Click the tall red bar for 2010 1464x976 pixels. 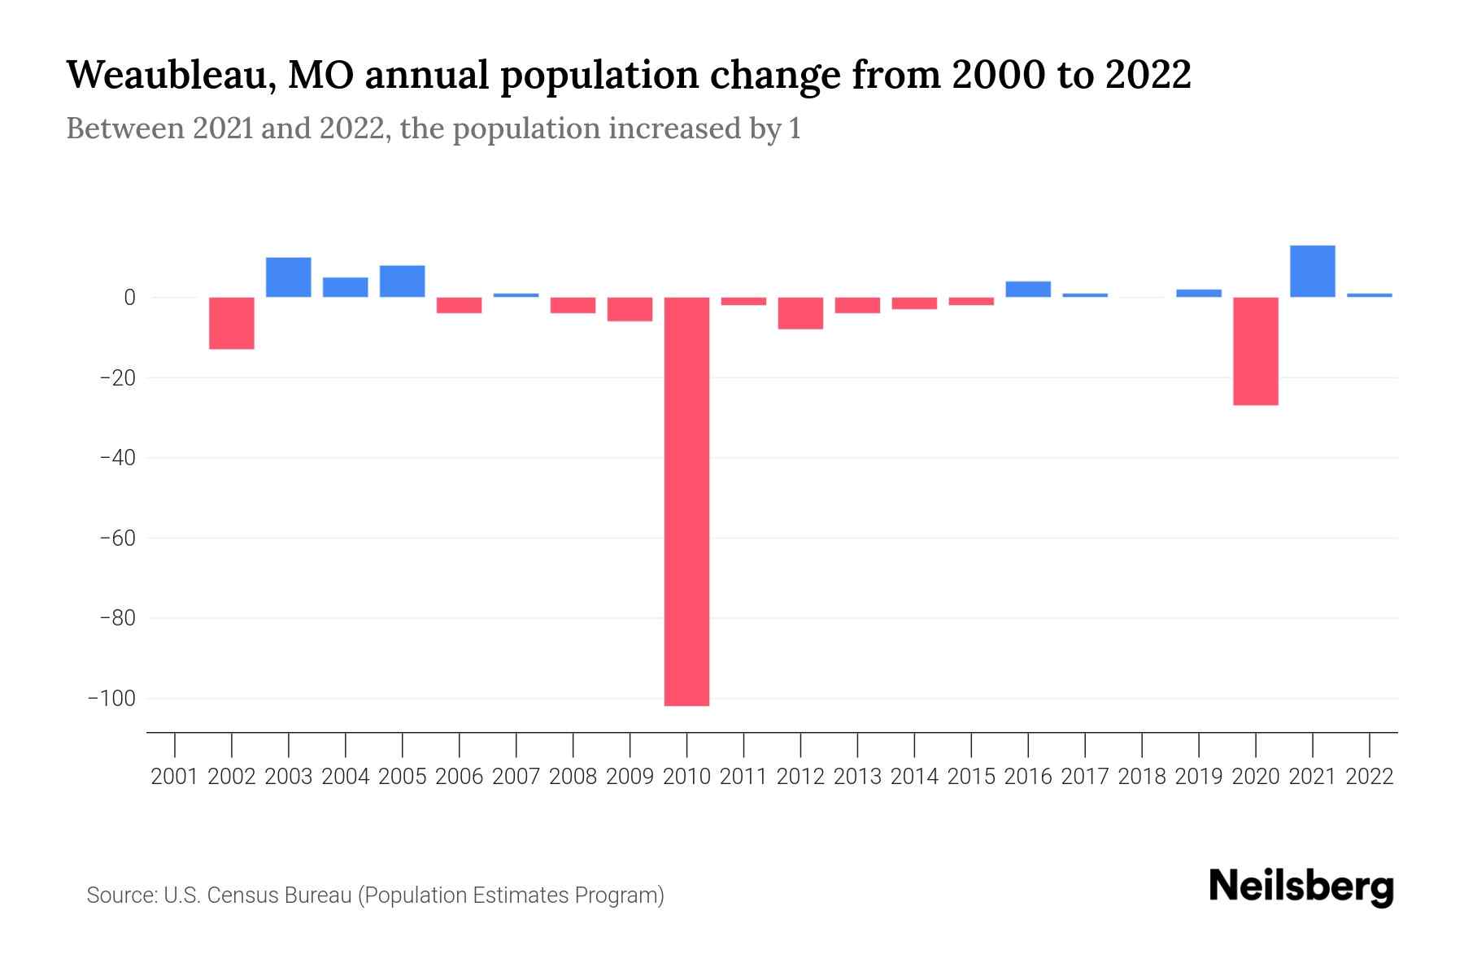686,501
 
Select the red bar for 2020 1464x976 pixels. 1255,351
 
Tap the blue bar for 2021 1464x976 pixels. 1312,271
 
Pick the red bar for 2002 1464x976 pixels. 232,323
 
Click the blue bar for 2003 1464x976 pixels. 289,277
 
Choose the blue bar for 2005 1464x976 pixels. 402,281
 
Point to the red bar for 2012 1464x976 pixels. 800,313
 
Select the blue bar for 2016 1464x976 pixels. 1028,290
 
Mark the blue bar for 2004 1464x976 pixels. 345,287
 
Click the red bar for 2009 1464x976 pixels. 630,309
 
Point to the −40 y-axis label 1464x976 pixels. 117,458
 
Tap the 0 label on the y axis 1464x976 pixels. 129,298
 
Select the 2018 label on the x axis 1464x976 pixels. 1142,777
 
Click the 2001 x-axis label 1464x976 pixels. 175,777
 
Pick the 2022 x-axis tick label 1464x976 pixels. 1370,777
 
